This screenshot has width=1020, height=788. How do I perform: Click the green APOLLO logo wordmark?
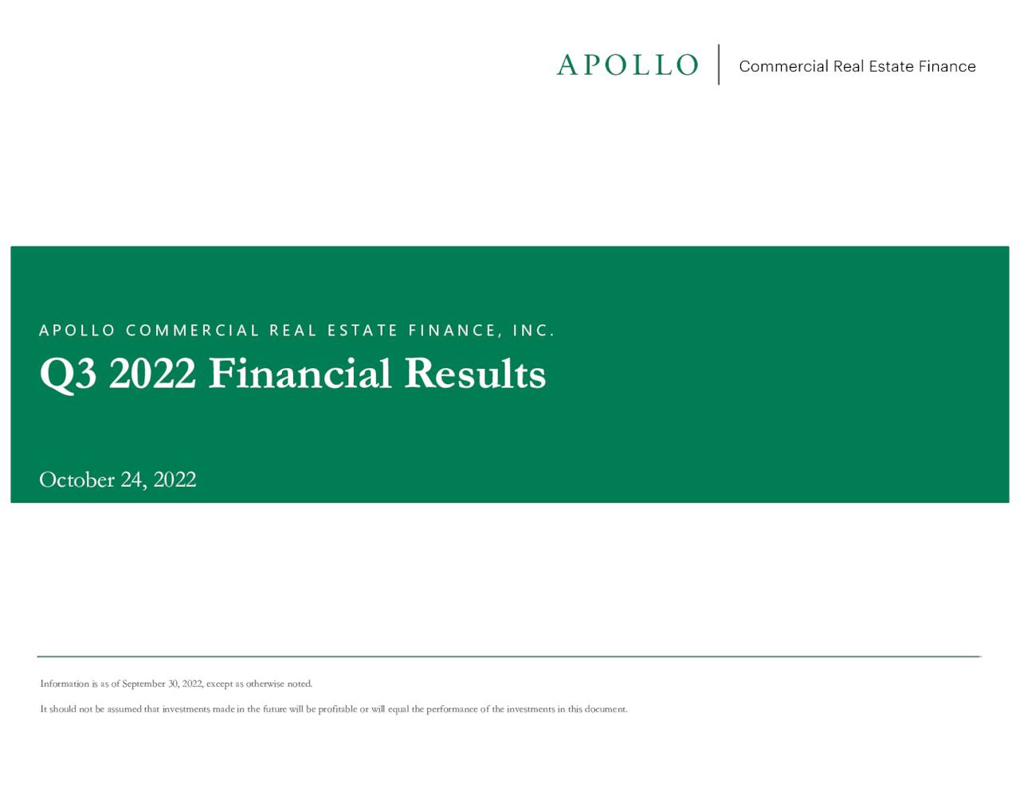pos(627,65)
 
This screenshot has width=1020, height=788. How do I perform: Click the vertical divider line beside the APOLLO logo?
pos(719,65)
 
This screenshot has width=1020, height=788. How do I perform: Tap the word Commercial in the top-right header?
pos(783,66)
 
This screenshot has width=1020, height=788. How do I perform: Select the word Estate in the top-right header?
pos(891,66)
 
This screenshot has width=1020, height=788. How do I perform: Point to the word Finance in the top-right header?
pos(947,66)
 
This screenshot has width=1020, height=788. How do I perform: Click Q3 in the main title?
pos(68,374)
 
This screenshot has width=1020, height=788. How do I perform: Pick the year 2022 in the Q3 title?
pos(152,374)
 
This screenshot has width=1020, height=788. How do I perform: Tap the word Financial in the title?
pos(300,374)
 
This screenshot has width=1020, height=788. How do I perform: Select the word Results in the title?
pos(475,374)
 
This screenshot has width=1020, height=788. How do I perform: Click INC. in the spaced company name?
pos(533,331)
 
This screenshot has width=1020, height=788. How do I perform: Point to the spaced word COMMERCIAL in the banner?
pos(193,331)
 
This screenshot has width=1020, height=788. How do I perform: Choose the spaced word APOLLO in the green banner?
pos(77,331)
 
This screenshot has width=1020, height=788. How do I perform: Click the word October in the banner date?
pos(76,480)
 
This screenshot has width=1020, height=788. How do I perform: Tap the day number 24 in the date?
pos(132,480)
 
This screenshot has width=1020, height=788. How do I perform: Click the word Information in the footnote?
pos(65,684)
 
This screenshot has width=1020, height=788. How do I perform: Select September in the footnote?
pos(144,684)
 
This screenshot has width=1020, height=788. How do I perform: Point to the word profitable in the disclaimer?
pos(337,709)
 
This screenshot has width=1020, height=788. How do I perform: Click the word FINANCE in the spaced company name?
pos(453,331)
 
